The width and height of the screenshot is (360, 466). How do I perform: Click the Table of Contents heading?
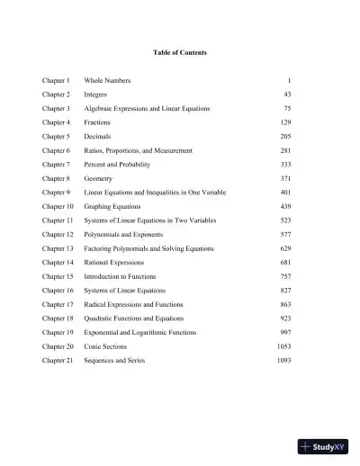(179, 53)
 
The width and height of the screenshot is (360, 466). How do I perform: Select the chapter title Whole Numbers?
(107, 81)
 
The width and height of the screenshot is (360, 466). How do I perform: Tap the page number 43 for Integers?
(287, 94)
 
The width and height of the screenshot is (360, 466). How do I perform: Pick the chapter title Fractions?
(98, 122)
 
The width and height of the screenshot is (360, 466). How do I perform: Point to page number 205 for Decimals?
(284, 137)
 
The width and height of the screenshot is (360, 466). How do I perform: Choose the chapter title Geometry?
(99, 179)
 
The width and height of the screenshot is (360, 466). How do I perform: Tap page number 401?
(284, 193)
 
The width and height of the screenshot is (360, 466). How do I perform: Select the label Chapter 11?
(58, 220)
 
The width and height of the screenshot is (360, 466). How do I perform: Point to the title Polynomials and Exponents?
(124, 235)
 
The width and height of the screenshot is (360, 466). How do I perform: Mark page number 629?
(284, 248)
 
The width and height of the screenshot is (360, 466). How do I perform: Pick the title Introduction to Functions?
(120, 276)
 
